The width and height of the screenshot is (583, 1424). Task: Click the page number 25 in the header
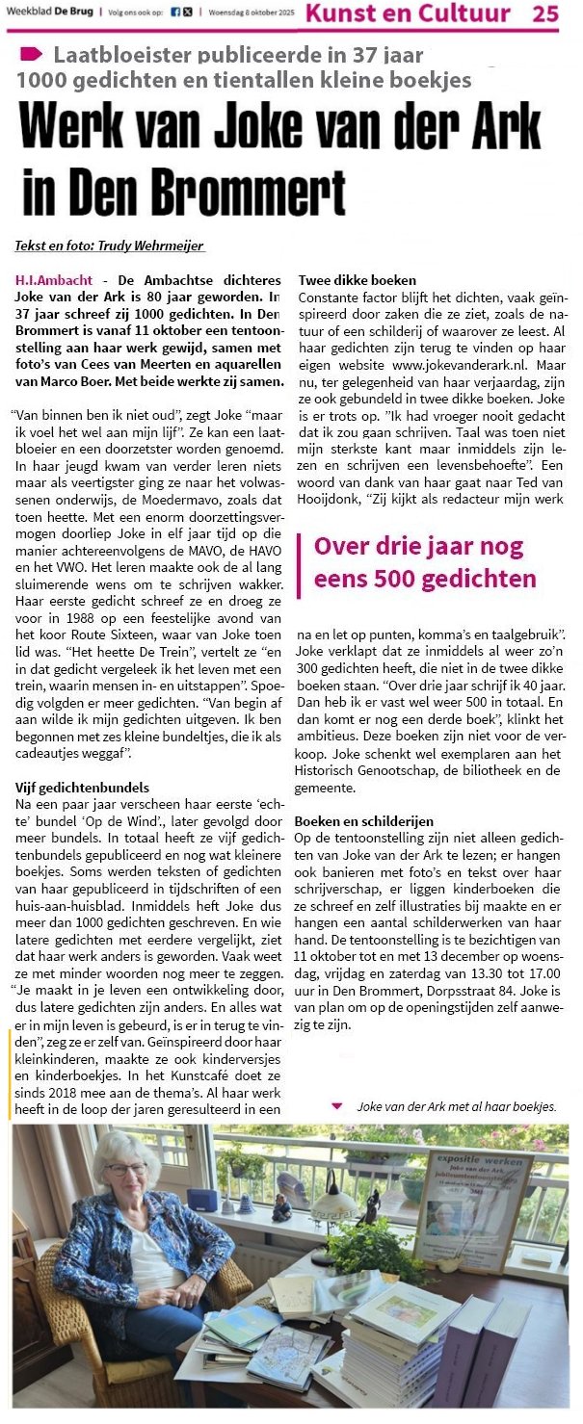[x=544, y=13]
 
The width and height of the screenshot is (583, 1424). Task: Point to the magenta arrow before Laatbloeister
[x=31, y=54]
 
